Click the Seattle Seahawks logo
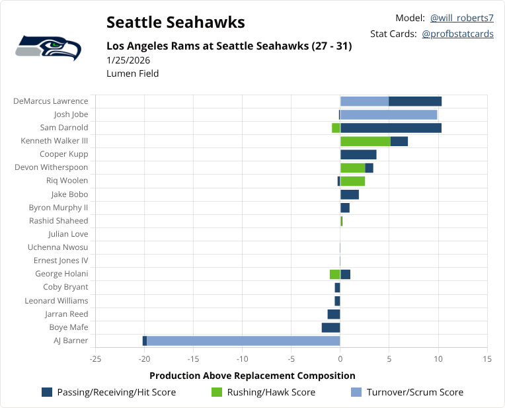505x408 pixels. (48, 48)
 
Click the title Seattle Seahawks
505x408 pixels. (175, 22)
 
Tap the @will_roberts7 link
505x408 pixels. (461, 18)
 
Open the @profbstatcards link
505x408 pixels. (457, 34)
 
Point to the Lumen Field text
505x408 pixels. (132, 73)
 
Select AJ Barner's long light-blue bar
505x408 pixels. (243, 341)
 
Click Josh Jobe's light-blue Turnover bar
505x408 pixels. (389, 114)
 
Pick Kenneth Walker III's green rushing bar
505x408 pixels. (366, 141)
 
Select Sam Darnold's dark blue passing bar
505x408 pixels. (391, 128)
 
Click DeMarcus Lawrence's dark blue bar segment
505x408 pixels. (415, 101)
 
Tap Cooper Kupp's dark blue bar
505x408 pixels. (358, 154)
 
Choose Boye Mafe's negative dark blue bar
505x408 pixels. (330, 327)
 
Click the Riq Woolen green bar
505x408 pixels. (352, 181)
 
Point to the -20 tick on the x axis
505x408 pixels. (145, 359)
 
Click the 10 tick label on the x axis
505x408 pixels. (438, 359)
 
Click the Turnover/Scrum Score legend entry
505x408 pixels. (406, 392)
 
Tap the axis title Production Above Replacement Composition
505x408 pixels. (252, 376)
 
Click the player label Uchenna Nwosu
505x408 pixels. (58, 247)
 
